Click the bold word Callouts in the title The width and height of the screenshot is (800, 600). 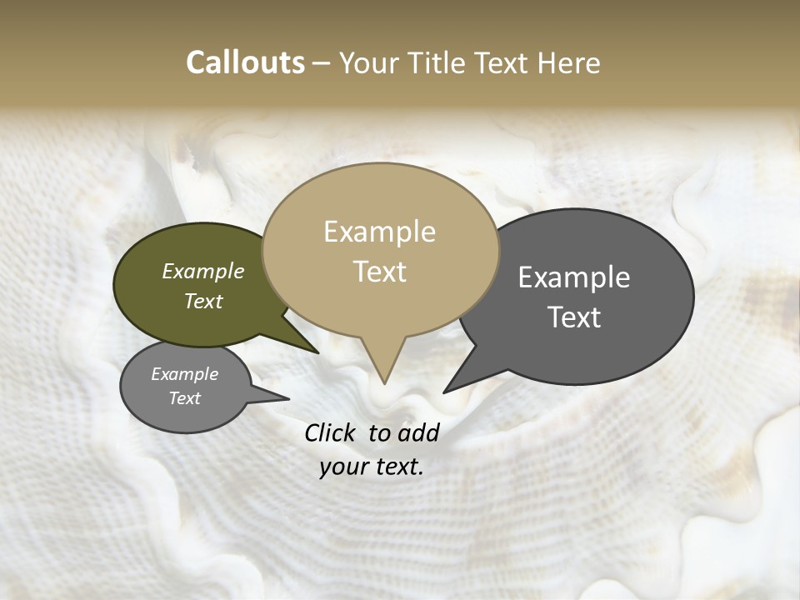tap(245, 62)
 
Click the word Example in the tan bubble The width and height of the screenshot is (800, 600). tap(379, 232)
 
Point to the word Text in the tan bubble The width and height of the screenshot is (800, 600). tap(379, 272)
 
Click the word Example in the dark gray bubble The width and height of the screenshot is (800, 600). tap(574, 277)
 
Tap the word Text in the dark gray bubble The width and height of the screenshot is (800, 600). tap(574, 317)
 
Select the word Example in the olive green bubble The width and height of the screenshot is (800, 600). tap(203, 271)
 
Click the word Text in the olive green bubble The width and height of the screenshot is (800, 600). tap(203, 301)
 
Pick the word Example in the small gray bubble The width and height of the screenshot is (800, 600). tap(184, 374)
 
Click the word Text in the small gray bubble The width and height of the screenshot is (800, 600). tap(184, 398)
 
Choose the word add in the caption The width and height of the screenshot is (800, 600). tap(418, 432)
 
